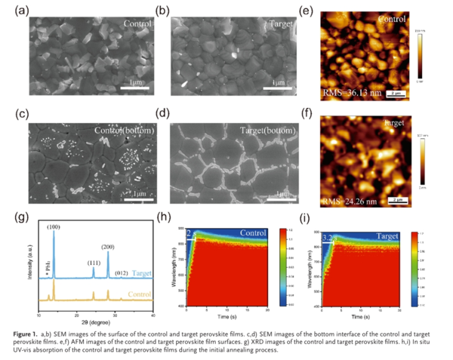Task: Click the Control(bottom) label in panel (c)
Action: coord(124,130)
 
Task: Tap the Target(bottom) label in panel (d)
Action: coord(266,131)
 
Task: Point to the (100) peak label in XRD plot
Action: coord(54,226)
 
